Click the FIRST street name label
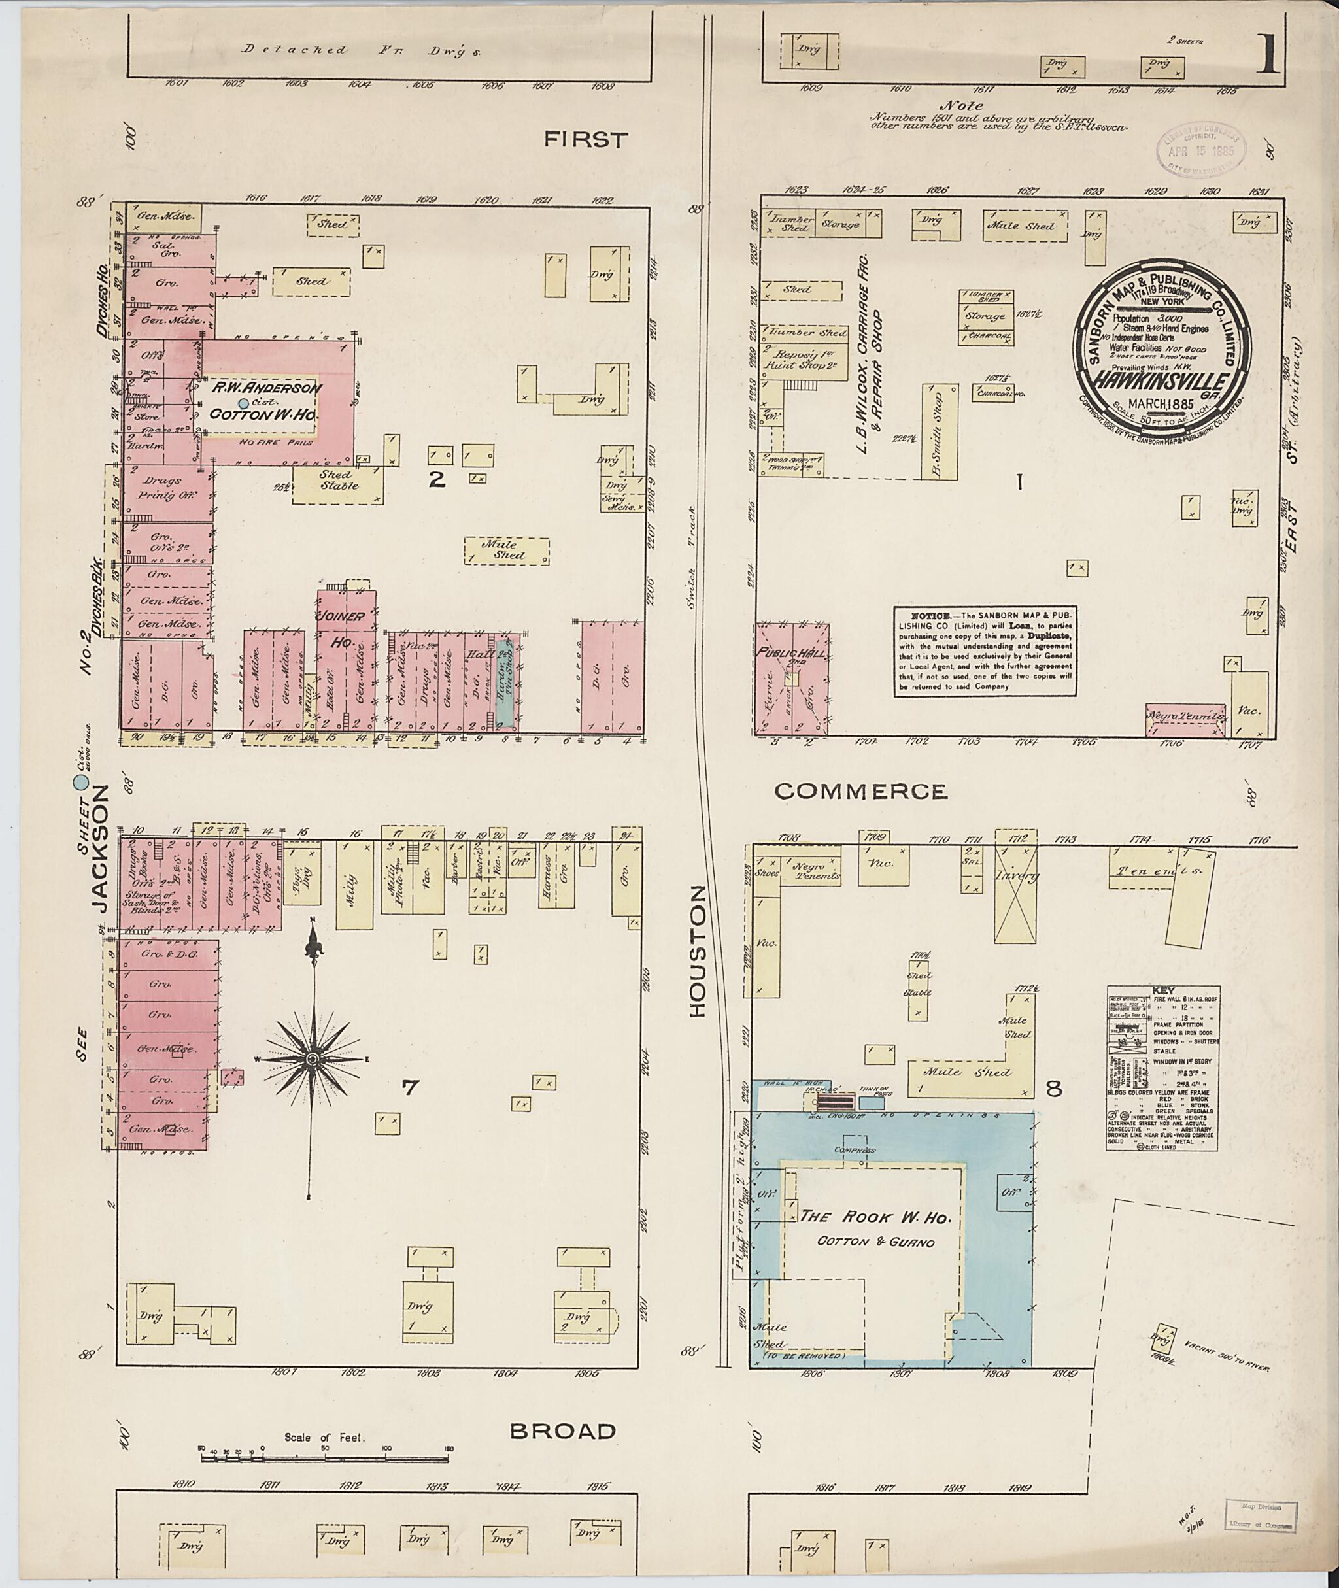[586, 140]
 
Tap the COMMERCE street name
[861, 792]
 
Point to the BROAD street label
[562, 1431]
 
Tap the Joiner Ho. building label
[345, 628]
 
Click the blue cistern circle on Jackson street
[79, 782]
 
